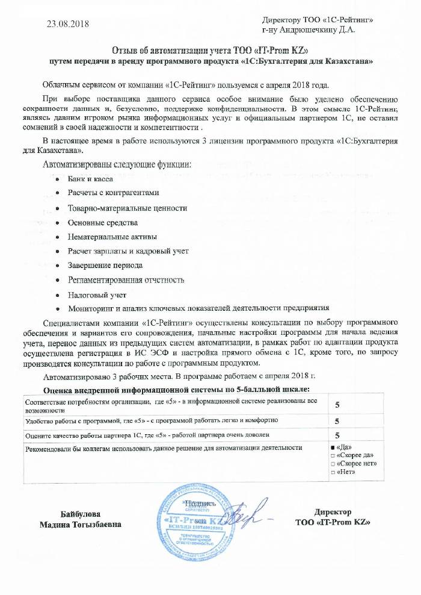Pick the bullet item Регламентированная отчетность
tap(126, 280)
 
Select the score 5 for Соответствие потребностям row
tap(337, 405)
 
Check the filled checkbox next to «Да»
tap(333, 447)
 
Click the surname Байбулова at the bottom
tap(81, 514)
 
